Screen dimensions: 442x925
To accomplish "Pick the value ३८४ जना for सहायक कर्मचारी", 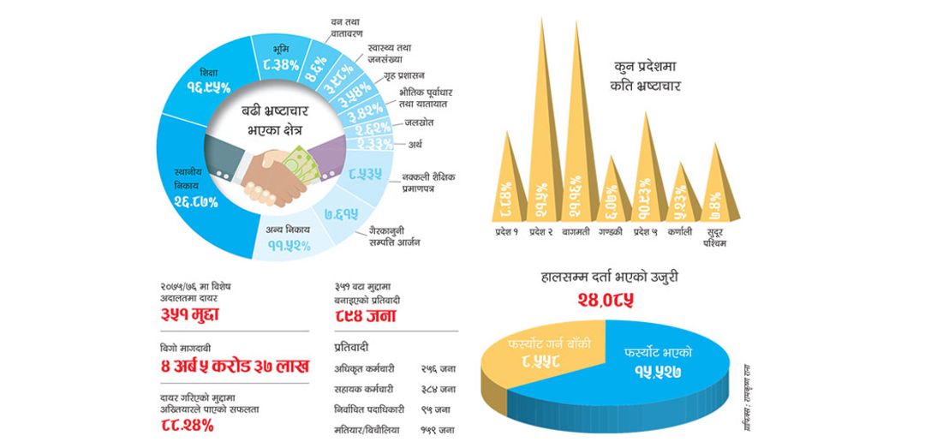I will tap(438, 388).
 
